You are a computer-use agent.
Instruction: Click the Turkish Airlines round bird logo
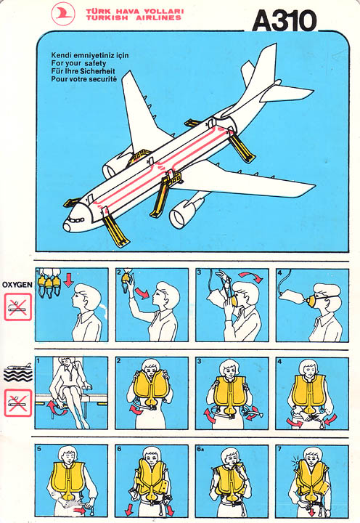[63, 14]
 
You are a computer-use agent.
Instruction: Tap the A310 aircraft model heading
[284, 20]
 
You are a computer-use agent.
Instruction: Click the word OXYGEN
[17, 285]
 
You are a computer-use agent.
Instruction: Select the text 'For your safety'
[78, 63]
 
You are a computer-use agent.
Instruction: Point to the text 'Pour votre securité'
[84, 79]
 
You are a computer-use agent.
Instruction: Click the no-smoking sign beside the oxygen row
[17, 307]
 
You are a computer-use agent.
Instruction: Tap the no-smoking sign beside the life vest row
[17, 403]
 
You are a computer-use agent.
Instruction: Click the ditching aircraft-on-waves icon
[18, 372]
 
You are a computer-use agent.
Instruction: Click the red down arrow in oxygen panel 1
[68, 280]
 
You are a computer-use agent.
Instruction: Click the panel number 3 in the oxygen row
[199, 272]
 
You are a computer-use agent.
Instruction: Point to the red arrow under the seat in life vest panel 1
[54, 409]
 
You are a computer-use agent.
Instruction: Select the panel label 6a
[200, 449]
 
